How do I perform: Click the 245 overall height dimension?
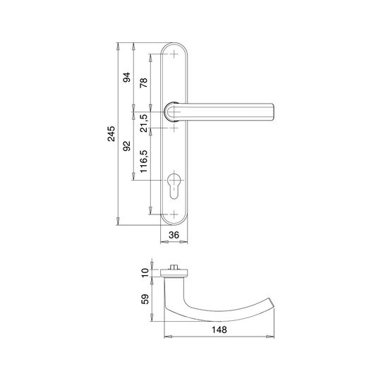(x=111, y=133)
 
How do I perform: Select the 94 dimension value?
(x=126, y=78)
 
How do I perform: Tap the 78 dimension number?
(x=144, y=83)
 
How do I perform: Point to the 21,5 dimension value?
(x=144, y=123)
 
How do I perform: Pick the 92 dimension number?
(x=126, y=146)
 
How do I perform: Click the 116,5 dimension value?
(x=144, y=162)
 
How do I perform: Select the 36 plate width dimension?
(x=174, y=235)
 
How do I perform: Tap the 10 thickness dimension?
(x=145, y=273)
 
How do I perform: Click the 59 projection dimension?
(x=145, y=299)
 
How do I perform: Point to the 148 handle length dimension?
(x=219, y=329)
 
